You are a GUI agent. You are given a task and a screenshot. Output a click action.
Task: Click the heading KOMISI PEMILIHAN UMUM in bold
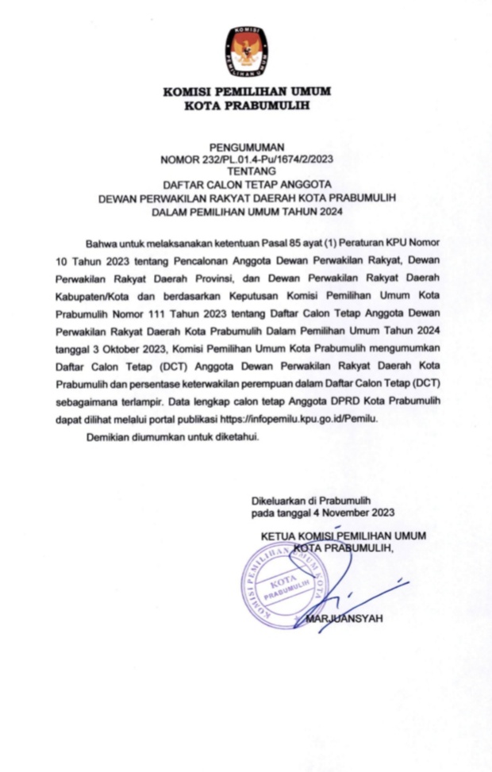coord(246,91)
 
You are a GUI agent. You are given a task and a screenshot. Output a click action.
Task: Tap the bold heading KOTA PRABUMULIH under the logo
coord(246,105)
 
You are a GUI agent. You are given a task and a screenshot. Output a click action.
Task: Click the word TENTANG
coord(246,170)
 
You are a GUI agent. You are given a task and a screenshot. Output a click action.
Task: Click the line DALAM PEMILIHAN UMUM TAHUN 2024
coord(246,212)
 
